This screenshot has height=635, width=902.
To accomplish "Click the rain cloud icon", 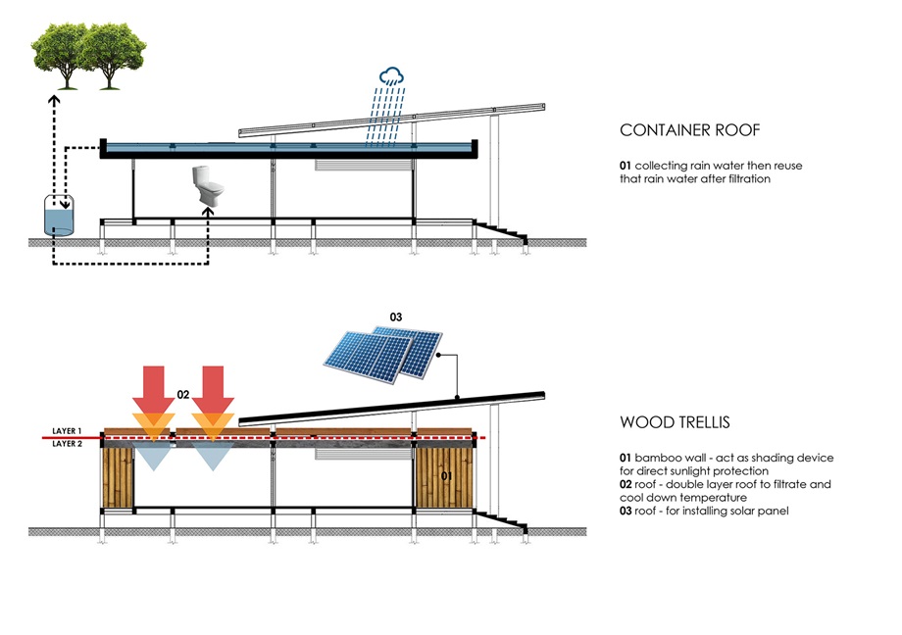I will pyautogui.click(x=394, y=76).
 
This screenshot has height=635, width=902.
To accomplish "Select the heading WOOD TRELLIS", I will pyautogui.click(x=675, y=423).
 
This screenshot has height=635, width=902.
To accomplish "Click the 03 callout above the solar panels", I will pyautogui.click(x=396, y=317).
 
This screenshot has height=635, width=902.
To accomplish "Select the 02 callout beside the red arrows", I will pyautogui.click(x=183, y=394).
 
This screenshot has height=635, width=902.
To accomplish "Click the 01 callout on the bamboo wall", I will pyautogui.click(x=446, y=477).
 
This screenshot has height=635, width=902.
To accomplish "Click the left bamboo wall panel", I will pyautogui.click(x=119, y=478).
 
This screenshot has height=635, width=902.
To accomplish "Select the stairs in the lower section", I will pyautogui.click(x=501, y=518).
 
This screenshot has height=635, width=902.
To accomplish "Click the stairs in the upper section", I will pyautogui.click(x=501, y=232).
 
